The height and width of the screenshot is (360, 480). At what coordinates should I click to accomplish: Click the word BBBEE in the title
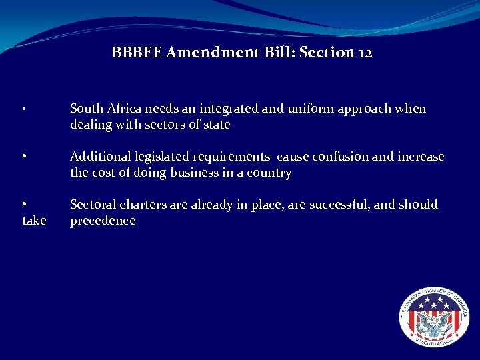coord(137,52)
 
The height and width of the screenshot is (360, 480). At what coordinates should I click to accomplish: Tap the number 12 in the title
coord(365,52)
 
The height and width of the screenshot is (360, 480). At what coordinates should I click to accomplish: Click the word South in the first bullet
coord(85,109)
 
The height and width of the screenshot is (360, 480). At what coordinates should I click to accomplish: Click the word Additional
coord(101,157)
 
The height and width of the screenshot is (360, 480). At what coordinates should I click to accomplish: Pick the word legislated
coord(162,157)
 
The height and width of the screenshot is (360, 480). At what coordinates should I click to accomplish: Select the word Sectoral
coord(94,205)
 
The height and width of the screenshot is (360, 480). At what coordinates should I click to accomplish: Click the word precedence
coord(103,221)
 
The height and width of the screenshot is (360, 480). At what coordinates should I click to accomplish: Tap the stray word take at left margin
coord(34,221)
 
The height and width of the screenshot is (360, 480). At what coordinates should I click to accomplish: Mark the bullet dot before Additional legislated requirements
coord(24,157)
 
